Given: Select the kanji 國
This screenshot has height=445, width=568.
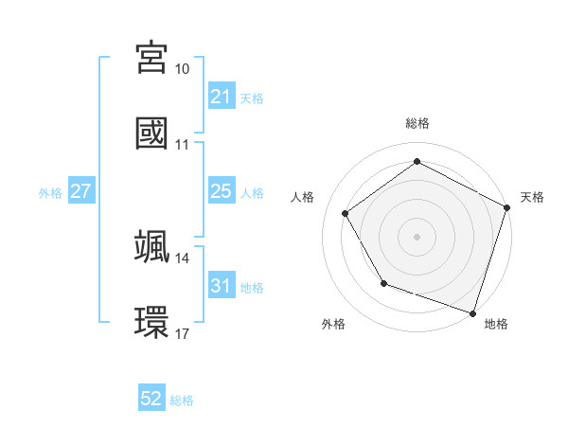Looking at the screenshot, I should click(x=151, y=133).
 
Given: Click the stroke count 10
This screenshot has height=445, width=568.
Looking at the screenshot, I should click(x=183, y=69).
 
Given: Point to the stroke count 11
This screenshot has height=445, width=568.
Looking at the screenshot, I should click(x=183, y=145).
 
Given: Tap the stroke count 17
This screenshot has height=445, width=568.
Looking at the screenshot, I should click(x=183, y=334).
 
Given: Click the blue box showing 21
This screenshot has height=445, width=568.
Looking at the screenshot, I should click(x=221, y=97).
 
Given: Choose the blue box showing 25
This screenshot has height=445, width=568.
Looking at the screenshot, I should click(x=221, y=191).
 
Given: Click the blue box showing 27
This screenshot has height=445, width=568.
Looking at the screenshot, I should click(x=80, y=191).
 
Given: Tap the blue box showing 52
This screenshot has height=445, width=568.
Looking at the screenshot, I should click(x=151, y=400).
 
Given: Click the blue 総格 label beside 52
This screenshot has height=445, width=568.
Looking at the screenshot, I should click(x=182, y=400).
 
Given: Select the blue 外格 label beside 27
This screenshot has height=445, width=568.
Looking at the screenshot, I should click(x=50, y=192).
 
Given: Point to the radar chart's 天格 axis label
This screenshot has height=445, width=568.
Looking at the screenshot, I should click(x=532, y=197).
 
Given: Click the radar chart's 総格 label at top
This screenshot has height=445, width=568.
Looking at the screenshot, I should click(x=417, y=123).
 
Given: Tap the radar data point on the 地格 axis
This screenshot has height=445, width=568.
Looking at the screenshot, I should click(x=472, y=312).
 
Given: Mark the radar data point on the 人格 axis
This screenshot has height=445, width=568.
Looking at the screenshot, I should click(x=346, y=213).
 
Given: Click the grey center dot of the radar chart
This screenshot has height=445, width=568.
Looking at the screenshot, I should click(x=417, y=236).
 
